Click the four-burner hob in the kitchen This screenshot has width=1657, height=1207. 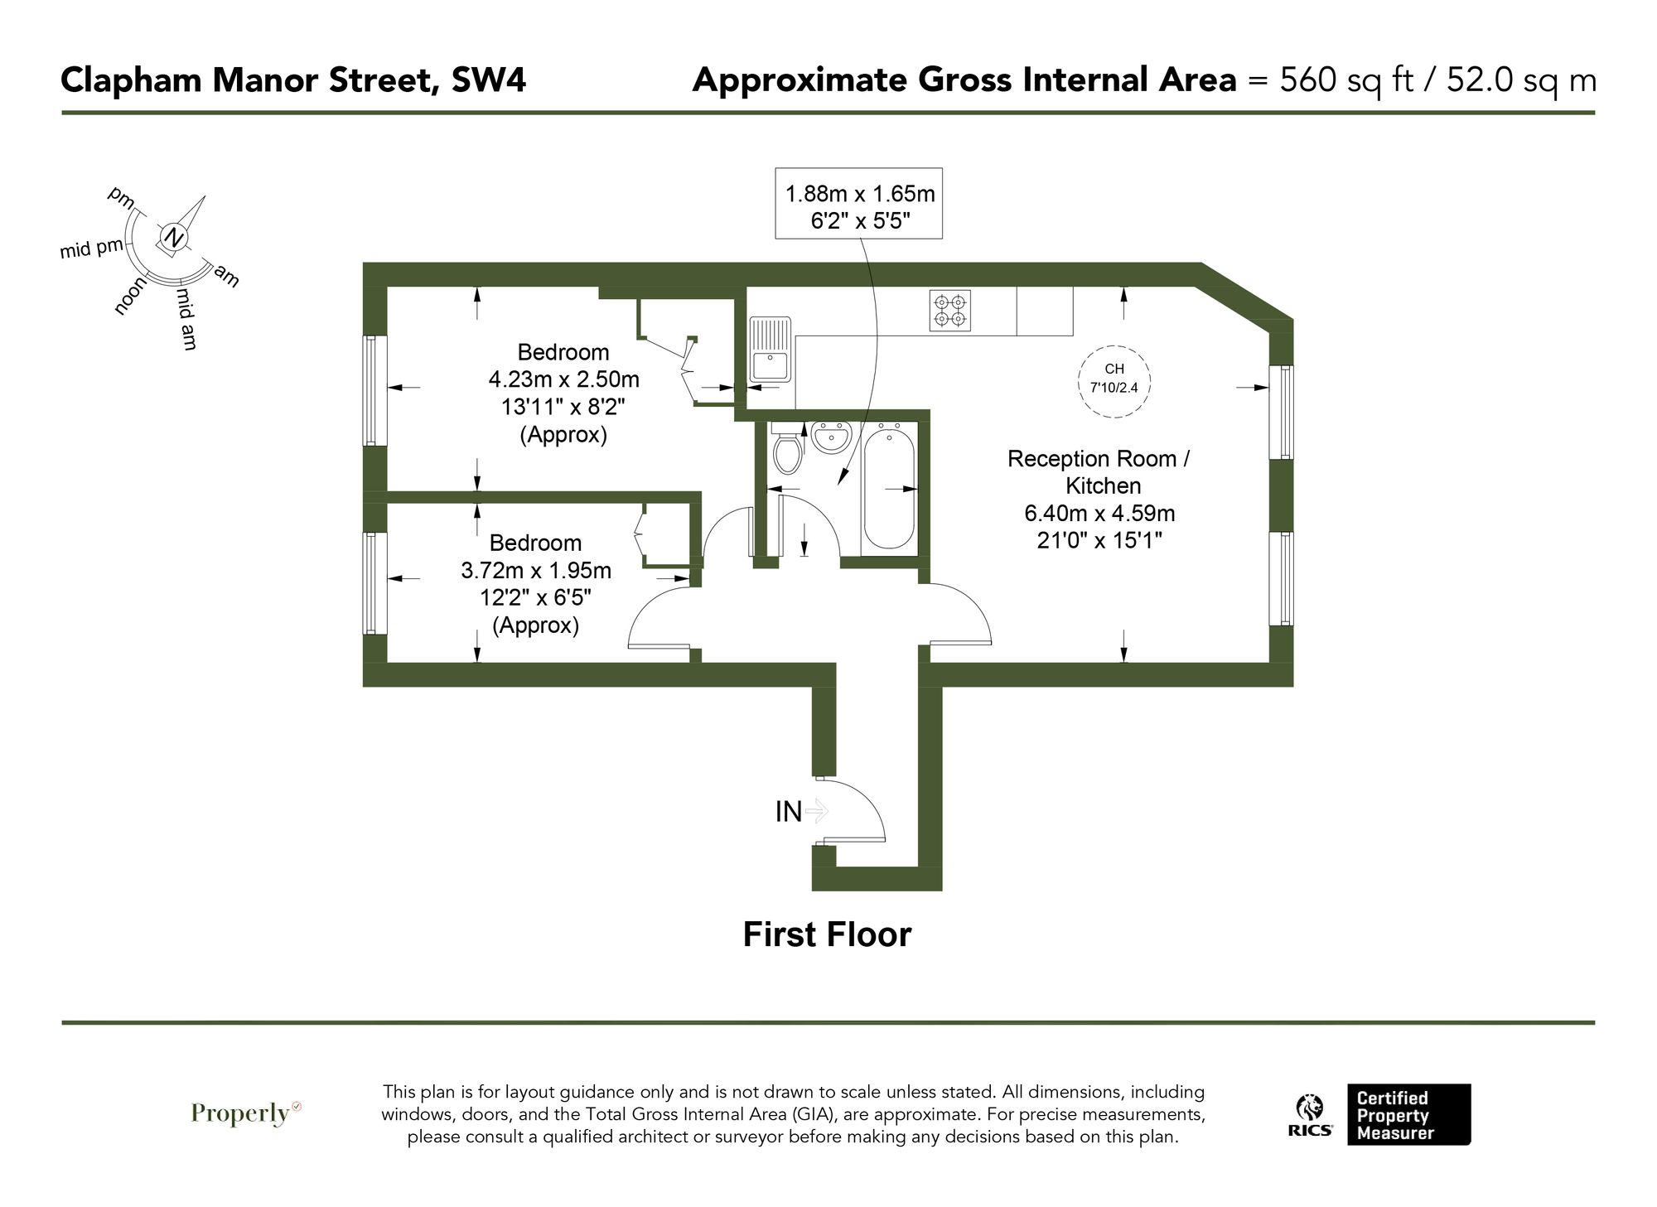(949, 311)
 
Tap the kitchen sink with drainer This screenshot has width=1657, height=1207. (771, 349)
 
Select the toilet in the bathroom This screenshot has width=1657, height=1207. (786, 447)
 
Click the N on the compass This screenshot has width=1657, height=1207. (173, 238)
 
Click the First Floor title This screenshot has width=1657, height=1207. (827, 934)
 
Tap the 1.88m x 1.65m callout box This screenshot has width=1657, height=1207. (858, 203)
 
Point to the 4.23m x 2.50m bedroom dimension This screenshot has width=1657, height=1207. (563, 379)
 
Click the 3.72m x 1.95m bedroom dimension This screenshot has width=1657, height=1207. (536, 571)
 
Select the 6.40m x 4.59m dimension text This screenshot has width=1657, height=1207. (1099, 514)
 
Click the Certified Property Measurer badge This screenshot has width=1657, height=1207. (1408, 1115)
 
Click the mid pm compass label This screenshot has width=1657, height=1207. (91, 248)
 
